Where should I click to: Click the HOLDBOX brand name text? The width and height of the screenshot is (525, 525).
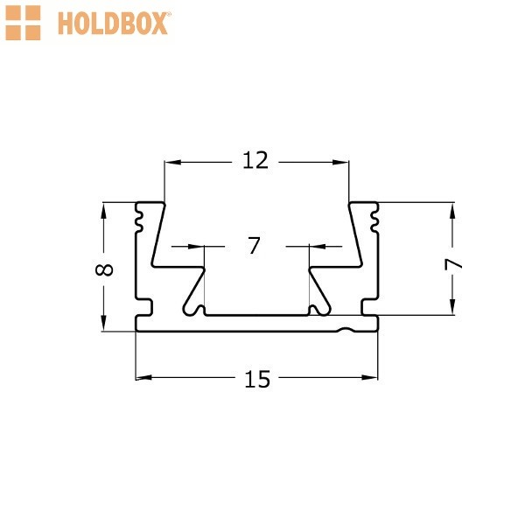click(114, 23)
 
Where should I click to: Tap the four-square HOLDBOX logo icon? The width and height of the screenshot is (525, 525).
click(23, 23)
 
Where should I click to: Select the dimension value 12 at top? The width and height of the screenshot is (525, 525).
click(255, 160)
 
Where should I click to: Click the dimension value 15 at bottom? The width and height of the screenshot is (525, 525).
click(257, 379)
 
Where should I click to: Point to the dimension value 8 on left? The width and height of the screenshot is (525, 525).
click(104, 269)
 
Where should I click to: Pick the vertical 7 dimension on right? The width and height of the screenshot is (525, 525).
click(453, 265)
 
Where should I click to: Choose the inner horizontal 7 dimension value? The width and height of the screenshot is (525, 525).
click(254, 245)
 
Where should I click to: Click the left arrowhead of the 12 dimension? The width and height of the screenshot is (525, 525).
click(172, 163)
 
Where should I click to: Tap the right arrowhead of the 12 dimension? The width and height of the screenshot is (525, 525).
click(340, 163)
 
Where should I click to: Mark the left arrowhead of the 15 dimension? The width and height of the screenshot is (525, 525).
click(143, 378)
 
